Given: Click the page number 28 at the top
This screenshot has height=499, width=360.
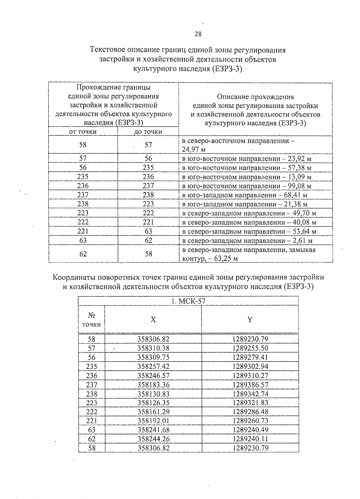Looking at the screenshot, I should [x=198, y=34].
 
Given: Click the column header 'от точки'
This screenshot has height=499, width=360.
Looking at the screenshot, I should [x=83, y=132].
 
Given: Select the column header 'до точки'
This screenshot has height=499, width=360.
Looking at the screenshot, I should [x=148, y=132].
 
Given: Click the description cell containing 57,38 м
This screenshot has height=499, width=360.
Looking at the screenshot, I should [x=247, y=168].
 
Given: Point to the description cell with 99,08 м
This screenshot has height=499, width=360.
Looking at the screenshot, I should [x=247, y=186].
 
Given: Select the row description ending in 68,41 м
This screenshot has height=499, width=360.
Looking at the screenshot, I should [x=245, y=195].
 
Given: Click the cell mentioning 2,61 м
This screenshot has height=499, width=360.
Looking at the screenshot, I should [x=247, y=241].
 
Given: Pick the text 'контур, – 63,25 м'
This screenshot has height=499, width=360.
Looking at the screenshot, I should [x=210, y=259].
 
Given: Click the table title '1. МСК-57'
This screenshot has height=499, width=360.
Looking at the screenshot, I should [x=188, y=301].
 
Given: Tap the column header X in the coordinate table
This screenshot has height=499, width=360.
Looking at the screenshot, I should [x=153, y=320].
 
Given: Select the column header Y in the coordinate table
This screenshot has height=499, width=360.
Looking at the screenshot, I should [x=250, y=320].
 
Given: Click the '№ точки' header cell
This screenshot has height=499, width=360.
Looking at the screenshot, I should [x=91, y=320].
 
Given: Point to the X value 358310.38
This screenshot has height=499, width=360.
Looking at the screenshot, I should [x=153, y=348].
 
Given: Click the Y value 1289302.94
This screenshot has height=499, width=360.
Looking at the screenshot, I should [x=250, y=366].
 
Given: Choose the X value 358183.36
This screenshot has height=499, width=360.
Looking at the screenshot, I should [x=153, y=385].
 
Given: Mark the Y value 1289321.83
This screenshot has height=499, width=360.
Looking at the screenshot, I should [x=250, y=402].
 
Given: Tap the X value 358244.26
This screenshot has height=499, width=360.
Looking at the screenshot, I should [x=153, y=439].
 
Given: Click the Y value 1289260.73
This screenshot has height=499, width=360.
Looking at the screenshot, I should [x=250, y=421].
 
